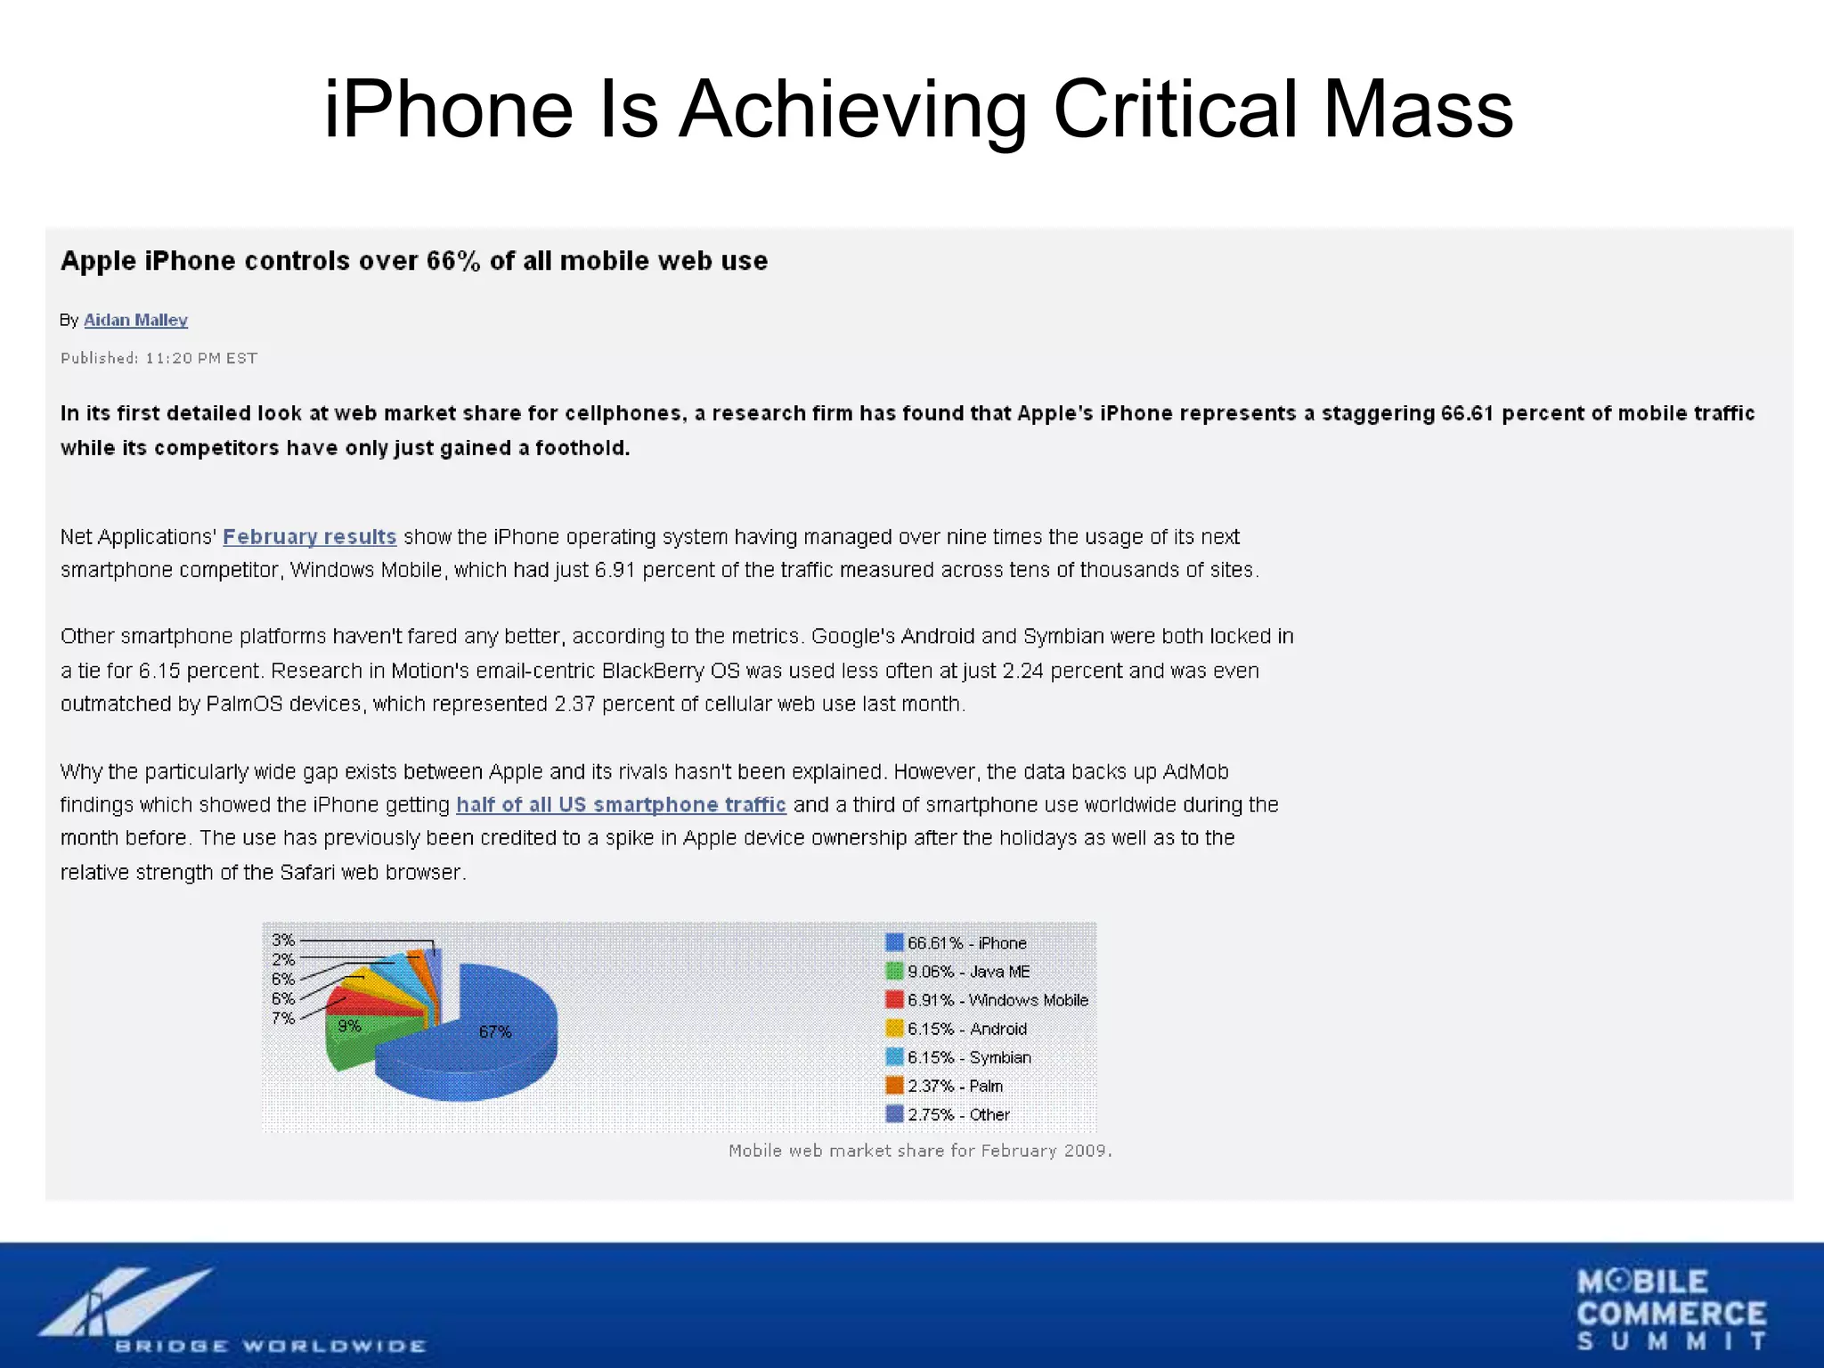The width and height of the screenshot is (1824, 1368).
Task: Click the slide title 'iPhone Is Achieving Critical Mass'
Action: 917,110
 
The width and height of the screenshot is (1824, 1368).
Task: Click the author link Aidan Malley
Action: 135,320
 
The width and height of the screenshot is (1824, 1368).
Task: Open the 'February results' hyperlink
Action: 309,536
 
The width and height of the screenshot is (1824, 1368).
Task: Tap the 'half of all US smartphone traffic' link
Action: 621,804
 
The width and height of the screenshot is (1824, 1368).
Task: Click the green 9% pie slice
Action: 356,1038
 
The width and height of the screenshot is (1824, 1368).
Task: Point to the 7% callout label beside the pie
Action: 283,1018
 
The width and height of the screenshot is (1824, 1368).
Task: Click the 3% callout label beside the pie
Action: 283,940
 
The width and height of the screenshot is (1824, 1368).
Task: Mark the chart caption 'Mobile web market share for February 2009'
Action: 920,1151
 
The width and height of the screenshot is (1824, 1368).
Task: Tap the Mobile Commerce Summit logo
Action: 1671,1310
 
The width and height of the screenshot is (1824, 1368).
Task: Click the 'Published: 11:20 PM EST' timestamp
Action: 159,358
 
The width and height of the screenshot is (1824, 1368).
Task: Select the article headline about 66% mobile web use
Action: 414,261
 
